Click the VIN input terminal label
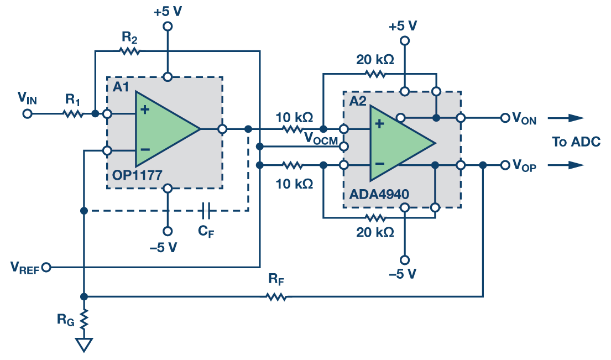27,98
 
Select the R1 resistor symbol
72,114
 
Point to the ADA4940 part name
379,195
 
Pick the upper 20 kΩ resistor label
375,60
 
